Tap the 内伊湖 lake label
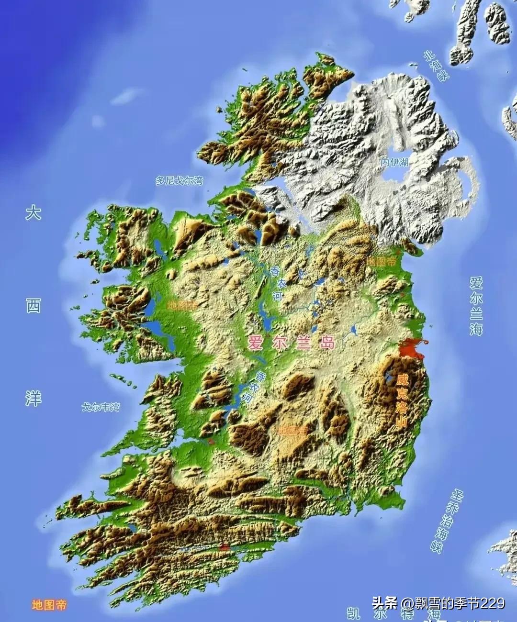pos(395,162)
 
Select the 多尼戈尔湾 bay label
pos(179,180)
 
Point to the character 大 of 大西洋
pos(33,212)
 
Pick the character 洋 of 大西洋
pos(33,398)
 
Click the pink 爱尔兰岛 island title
pos(291,343)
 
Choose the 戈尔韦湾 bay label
pos(101,407)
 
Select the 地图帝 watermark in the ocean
pos(49,605)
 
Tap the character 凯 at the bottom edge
pos(354,614)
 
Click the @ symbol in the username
pos(407,603)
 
